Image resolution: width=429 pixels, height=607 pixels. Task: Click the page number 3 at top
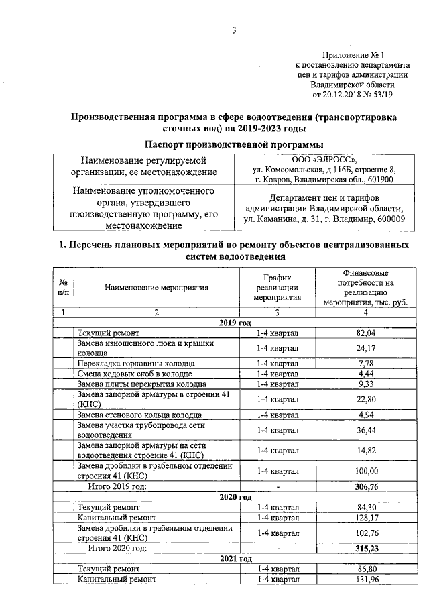pyautogui.click(x=233, y=30)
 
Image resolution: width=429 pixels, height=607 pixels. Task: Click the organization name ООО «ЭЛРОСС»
pyautogui.click(x=324, y=160)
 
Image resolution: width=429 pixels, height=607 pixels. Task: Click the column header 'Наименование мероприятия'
pyautogui.click(x=157, y=288)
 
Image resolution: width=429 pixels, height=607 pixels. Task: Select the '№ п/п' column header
pyautogui.click(x=63, y=288)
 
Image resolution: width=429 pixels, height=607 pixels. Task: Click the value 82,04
pyautogui.click(x=366, y=333)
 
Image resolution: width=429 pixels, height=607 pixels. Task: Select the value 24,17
pyautogui.click(x=366, y=348)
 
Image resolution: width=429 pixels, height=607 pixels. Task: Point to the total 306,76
pyautogui.click(x=366, y=486)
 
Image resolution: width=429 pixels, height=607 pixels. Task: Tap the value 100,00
pyautogui.click(x=366, y=471)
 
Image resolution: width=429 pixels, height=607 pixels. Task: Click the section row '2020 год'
pyautogui.click(x=235, y=497)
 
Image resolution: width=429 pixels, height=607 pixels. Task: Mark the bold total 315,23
pyautogui.click(x=366, y=548)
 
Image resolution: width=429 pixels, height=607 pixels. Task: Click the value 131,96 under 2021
pyautogui.click(x=366, y=579)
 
